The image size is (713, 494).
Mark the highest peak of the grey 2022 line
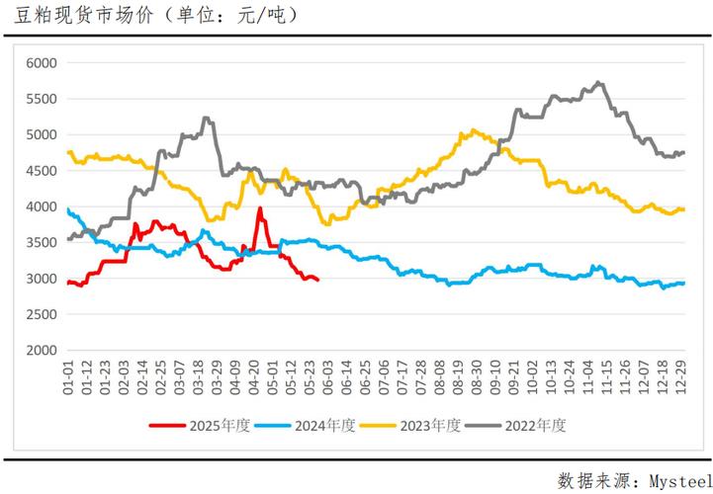click(x=598, y=83)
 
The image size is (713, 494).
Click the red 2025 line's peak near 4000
click(x=260, y=208)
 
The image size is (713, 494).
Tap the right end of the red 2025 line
click(x=317, y=281)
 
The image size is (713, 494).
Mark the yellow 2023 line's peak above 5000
click(x=475, y=129)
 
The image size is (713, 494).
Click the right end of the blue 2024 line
click(x=683, y=284)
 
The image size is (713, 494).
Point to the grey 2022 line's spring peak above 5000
click(x=205, y=119)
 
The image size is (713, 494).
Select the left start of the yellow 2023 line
click(x=67, y=152)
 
